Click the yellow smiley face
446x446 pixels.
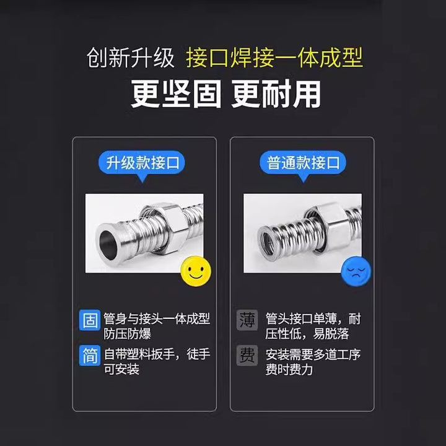coord(196,271)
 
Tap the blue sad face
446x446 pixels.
coord(356,271)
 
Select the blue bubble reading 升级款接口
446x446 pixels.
coord(142,163)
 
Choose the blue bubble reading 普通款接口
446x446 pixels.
coord(303,163)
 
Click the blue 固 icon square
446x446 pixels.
coord(90,320)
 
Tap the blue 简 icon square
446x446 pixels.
coord(90,356)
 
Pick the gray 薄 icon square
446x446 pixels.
coord(247,320)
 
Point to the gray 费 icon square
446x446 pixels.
coord(247,356)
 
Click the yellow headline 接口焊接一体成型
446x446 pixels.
coord(274,58)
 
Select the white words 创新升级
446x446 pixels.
coord(131,58)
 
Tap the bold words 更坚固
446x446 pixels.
coord(177,94)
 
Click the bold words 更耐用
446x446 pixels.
coord(276,94)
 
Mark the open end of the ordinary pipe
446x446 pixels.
coord(268,242)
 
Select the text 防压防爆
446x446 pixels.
coord(127,334)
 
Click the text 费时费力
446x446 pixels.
coord(289,369)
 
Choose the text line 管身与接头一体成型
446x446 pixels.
coord(157,318)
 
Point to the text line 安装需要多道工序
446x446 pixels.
coord(313,354)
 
